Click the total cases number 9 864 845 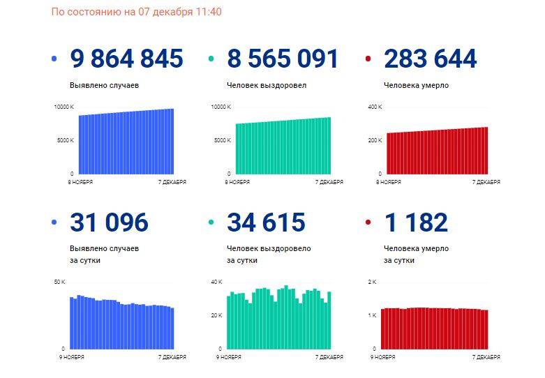pyautogui.click(x=126, y=59)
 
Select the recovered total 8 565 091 pyautogui.click(x=283, y=59)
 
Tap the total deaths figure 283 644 pyautogui.click(x=431, y=59)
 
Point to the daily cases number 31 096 pyautogui.click(x=109, y=222)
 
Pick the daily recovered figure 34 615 pyautogui.click(x=267, y=222)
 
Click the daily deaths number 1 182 pyautogui.click(x=416, y=222)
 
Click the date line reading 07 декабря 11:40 pyautogui.click(x=136, y=12)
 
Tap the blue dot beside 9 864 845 pyautogui.click(x=54, y=59)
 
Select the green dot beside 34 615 pyautogui.click(x=211, y=222)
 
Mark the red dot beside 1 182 pyautogui.click(x=368, y=222)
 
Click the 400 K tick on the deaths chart pyautogui.click(x=375, y=107)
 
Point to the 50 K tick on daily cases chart pyautogui.click(x=59, y=282)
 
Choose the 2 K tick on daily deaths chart pyautogui.click(x=372, y=282)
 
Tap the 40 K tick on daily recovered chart pyautogui.click(x=216, y=282)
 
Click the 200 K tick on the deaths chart pyautogui.click(x=375, y=140)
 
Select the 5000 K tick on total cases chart pyautogui.click(x=66, y=140)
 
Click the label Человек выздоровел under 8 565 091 pyautogui.click(x=267, y=86)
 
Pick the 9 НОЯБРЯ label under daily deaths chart pyautogui.click(x=382, y=357)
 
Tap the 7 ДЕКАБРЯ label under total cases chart pyautogui.click(x=172, y=182)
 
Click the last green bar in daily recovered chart pyautogui.click(x=329, y=320)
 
